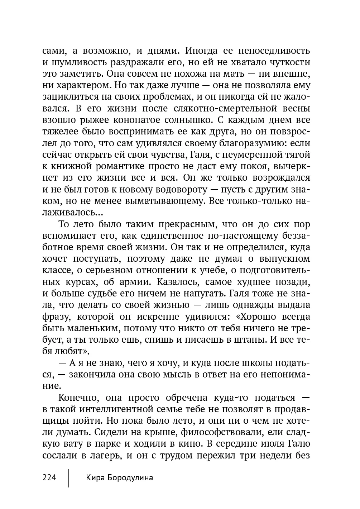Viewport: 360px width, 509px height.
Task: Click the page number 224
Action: click(49, 477)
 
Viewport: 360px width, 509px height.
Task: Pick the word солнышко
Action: click(184, 120)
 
